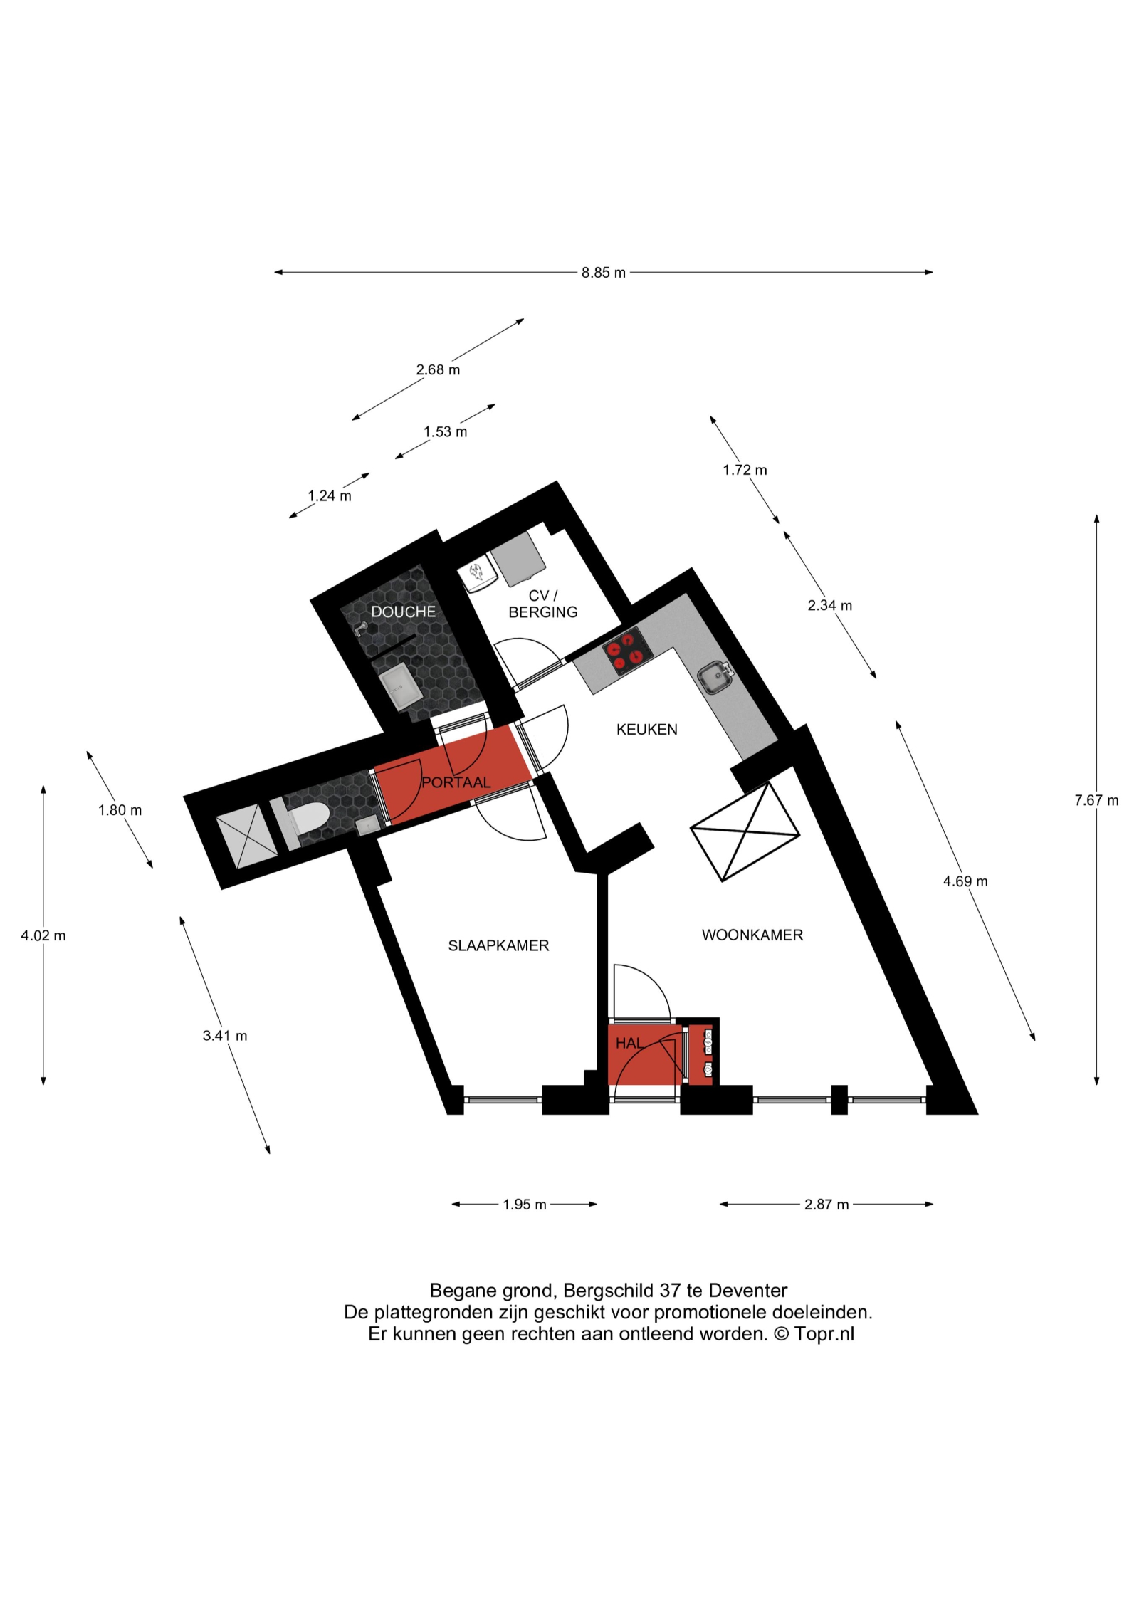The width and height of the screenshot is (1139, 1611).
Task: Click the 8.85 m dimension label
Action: tap(603, 273)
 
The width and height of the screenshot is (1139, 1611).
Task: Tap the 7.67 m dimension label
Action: tap(1096, 800)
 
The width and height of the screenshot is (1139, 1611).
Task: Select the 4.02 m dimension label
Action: tap(43, 935)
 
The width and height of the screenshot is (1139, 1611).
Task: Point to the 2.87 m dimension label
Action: tap(826, 1205)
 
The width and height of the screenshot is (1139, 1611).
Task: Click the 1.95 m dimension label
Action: tap(525, 1205)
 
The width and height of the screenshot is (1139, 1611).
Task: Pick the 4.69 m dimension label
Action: tap(965, 881)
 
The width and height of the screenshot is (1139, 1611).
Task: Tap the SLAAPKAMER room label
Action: tap(498, 945)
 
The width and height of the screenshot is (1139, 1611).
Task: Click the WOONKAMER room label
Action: tap(752, 935)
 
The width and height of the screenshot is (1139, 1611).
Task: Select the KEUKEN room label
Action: tap(646, 729)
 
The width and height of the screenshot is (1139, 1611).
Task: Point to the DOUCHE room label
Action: tap(403, 612)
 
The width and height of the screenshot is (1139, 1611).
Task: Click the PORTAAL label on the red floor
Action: tap(456, 782)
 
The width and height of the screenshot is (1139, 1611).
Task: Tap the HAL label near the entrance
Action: tap(629, 1043)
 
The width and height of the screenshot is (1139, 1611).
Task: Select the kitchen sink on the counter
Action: tap(715, 675)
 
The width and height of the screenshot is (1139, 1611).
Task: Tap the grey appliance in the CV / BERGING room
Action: tap(519, 560)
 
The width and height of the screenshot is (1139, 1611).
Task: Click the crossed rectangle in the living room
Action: tap(745, 831)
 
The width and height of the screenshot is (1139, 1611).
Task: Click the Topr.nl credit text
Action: tap(824, 1334)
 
